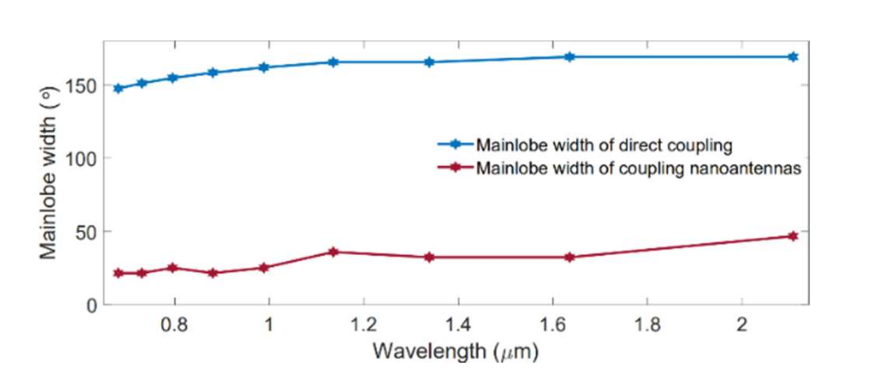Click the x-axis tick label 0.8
click(174, 324)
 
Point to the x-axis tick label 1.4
click(458, 324)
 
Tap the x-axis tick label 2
click(742, 324)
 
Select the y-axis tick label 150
click(80, 86)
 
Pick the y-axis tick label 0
click(92, 306)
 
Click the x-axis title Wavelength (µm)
click(455, 351)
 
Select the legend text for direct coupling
click(604, 145)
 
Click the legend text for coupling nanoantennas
click(638, 169)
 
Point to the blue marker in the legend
click(456, 144)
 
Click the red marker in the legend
click(456, 168)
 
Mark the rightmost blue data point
click(793, 57)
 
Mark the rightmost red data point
click(793, 236)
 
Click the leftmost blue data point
click(118, 89)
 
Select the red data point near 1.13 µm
click(333, 252)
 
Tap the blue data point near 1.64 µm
click(569, 57)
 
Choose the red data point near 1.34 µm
click(429, 257)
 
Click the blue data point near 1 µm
click(264, 68)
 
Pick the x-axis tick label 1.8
click(647, 324)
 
